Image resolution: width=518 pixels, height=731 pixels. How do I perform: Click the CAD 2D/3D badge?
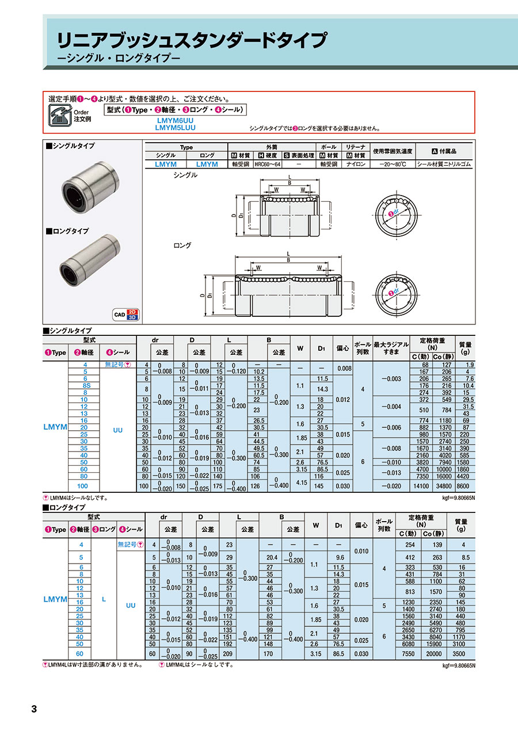(x=125, y=315)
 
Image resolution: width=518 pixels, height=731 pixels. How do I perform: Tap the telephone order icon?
(x=60, y=115)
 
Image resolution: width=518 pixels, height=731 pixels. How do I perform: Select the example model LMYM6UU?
(x=175, y=120)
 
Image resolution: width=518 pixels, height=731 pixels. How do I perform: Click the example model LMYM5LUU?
(x=175, y=128)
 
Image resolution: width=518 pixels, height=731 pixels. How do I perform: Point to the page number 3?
(x=34, y=709)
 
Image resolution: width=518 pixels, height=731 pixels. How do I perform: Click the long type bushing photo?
(x=90, y=265)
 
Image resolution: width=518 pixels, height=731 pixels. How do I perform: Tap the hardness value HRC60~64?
(x=268, y=164)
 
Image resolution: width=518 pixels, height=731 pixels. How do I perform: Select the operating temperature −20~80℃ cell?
(x=393, y=164)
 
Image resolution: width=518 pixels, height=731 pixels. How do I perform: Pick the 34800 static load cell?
(x=444, y=486)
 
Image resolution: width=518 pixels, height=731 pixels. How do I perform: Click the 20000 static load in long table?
(x=434, y=654)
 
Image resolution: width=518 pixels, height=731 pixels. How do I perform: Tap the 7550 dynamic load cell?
(x=408, y=654)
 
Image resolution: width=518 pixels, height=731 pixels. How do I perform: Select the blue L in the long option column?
(x=104, y=599)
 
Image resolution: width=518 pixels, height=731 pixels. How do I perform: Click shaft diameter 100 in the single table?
(x=82, y=486)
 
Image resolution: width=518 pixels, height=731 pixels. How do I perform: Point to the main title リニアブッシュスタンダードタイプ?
(x=192, y=40)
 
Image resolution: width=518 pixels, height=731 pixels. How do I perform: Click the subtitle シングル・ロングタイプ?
(x=119, y=59)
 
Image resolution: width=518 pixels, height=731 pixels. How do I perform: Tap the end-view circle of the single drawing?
(x=396, y=215)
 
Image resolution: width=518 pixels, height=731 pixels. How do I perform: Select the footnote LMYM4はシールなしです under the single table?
(x=75, y=498)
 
